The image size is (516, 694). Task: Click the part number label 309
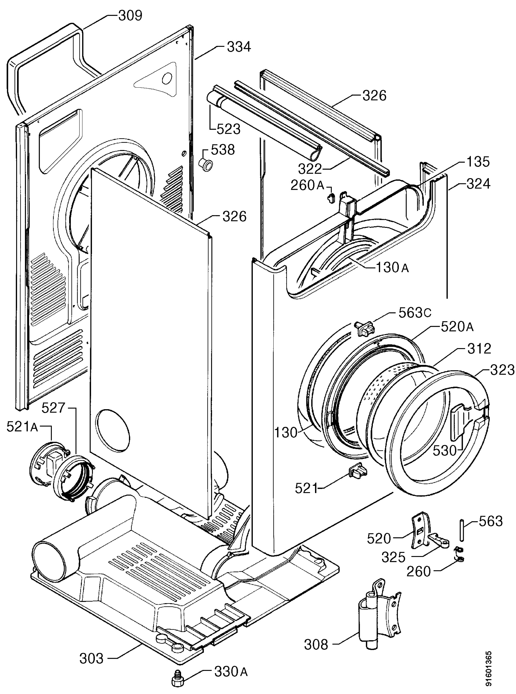point(130,16)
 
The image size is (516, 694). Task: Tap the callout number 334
point(239,47)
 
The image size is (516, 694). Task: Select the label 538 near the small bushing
point(223,150)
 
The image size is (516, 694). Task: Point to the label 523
point(228,129)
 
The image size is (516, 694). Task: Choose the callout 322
point(310,169)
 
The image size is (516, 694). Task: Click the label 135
point(478,162)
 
